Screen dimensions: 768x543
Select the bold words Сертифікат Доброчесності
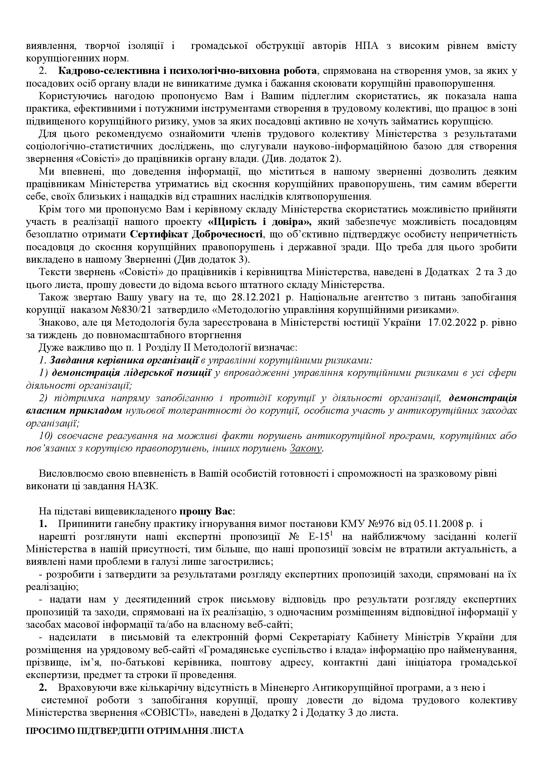tap(196, 234)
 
